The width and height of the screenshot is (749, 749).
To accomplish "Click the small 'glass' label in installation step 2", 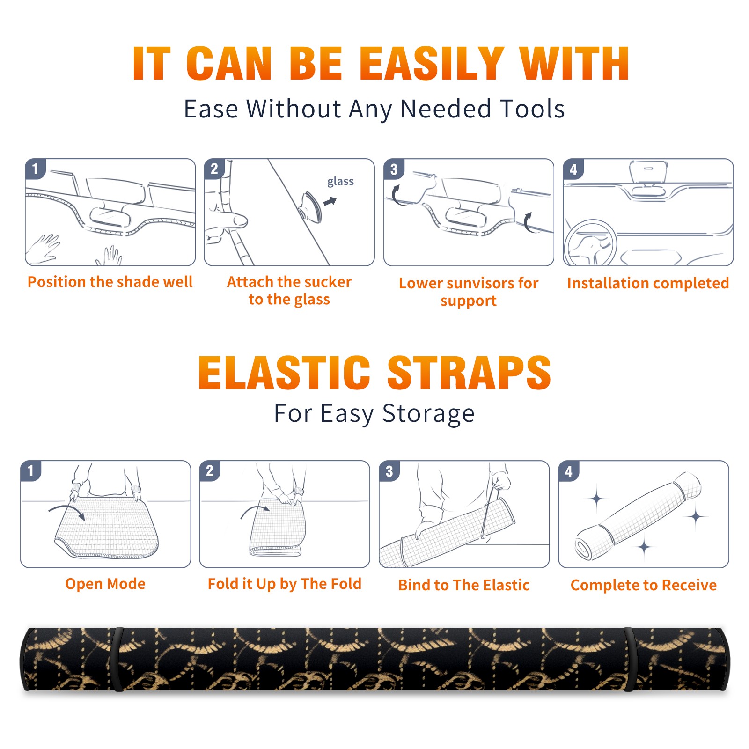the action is coord(340,182).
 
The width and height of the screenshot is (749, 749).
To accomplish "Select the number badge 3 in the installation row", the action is coord(394,169).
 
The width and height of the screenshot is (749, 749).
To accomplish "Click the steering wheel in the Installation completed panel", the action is coord(590,243).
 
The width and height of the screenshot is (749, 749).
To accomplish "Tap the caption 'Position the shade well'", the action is coord(110,282).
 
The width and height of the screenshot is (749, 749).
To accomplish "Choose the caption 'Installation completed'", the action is coord(648,283).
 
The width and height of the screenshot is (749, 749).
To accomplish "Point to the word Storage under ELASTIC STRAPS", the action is coord(428,414).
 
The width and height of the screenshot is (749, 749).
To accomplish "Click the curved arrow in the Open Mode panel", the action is coord(67,511).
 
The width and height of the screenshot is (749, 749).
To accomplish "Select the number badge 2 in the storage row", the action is coord(210,471).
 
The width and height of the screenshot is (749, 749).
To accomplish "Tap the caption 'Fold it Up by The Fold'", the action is coord(285,584).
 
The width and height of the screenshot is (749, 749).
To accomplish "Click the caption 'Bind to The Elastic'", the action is coord(464,585).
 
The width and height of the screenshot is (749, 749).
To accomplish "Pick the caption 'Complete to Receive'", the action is coord(644,585).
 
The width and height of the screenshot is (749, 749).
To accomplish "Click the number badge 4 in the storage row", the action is coord(569,471).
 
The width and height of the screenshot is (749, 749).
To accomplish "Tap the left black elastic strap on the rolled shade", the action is coord(118,659).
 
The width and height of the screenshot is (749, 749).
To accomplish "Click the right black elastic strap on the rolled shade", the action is coord(629,659).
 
